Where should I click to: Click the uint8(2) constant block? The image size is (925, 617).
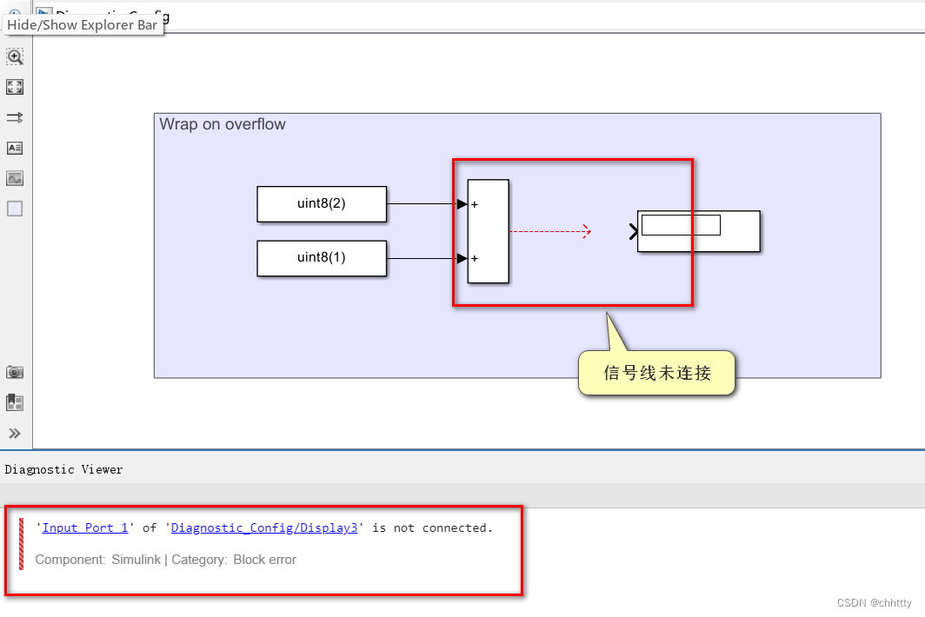(322, 204)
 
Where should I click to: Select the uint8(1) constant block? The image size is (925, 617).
(322, 258)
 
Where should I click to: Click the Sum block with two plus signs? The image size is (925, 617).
(489, 231)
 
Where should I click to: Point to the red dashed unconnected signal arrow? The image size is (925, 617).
(549, 231)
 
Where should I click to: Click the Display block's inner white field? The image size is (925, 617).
(681, 225)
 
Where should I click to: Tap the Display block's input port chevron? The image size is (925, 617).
(633, 231)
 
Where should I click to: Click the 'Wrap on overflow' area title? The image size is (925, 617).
(223, 124)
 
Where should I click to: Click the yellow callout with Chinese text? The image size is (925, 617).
(657, 374)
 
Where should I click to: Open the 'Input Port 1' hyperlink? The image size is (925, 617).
(85, 527)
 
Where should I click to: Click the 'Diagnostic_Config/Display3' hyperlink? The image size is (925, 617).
(264, 527)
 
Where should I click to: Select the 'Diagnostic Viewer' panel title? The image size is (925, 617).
(64, 469)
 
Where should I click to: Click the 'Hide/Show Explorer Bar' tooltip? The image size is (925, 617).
(83, 24)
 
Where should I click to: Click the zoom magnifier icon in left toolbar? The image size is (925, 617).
(15, 57)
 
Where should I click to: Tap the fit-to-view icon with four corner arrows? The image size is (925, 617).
(15, 87)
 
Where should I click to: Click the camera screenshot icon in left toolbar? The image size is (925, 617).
(15, 372)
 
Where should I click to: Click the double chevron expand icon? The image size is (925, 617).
(15, 433)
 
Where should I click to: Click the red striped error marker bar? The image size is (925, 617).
(22, 544)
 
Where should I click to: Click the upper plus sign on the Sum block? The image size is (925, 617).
(475, 205)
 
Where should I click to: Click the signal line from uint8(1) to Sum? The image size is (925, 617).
(422, 258)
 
